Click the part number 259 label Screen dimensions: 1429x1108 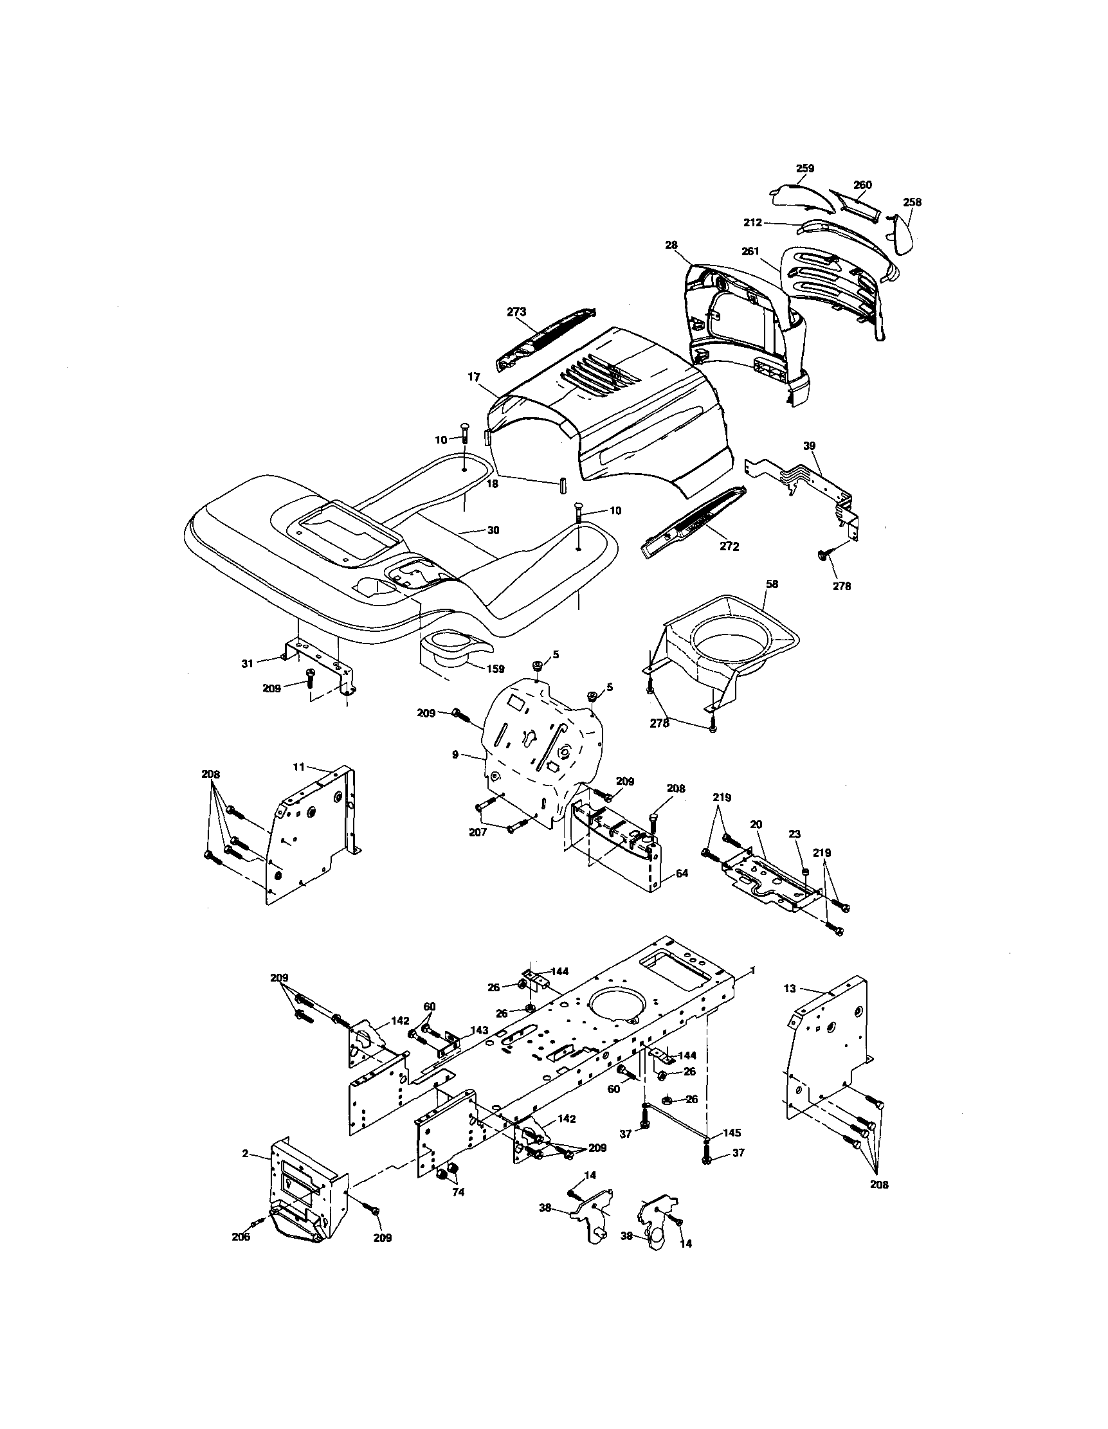804,168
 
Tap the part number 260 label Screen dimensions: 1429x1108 862,185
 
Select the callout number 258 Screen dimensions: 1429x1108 912,202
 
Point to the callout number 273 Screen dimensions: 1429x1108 516,312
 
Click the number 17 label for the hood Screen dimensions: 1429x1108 474,377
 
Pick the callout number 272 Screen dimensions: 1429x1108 729,546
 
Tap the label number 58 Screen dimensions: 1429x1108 772,584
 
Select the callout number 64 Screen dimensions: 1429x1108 682,873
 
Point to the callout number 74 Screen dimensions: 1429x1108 458,1192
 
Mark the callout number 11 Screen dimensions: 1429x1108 298,767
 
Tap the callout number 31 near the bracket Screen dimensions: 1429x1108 247,663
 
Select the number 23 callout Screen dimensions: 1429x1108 795,834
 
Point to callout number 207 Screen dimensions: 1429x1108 478,833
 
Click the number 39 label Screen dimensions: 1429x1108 810,445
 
